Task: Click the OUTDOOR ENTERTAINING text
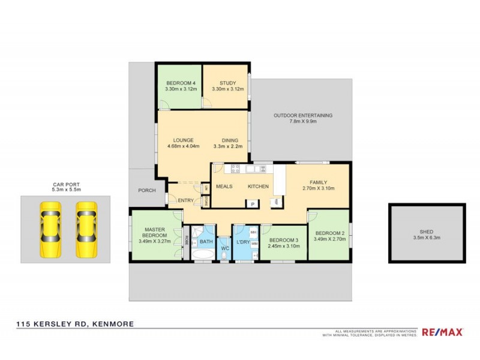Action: pyautogui.click(x=302, y=115)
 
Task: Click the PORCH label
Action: pyautogui.click(x=147, y=191)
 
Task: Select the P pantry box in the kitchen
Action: pyautogui.click(x=252, y=203)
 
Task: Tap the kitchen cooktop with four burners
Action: pyautogui.click(x=235, y=169)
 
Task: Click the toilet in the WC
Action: pyautogui.click(x=224, y=257)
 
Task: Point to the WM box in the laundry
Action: pyautogui.click(x=253, y=244)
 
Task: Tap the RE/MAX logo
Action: pyautogui.click(x=443, y=332)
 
